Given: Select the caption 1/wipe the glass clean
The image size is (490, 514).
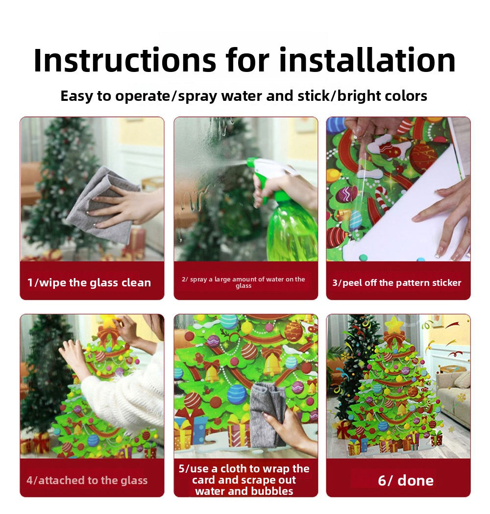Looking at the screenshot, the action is (89, 282).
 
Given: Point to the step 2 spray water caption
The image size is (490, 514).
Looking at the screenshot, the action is (244, 282).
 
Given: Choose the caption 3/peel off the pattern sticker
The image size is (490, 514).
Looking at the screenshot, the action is (397, 282).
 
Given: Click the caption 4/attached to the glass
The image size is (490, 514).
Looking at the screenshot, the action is (87, 480).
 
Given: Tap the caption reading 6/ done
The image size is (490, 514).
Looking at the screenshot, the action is (406, 481).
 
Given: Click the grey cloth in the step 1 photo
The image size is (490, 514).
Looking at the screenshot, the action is (105, 205).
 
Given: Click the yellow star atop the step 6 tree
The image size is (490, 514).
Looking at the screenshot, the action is (394, 325).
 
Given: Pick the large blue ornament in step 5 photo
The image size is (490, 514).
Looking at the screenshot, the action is (237, 394).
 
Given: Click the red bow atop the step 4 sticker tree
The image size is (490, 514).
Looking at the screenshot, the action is (108, 336).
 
